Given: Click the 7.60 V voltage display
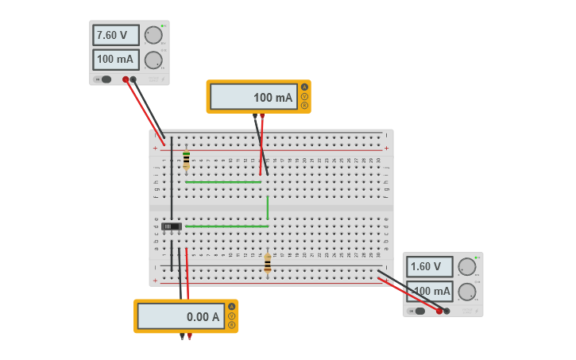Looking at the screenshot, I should [115, 35].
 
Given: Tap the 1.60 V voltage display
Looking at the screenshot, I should [429, 267].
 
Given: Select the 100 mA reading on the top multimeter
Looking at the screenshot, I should [253, 97].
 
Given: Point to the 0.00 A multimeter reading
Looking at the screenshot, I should [180, 316].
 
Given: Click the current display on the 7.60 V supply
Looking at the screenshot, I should [115, 60].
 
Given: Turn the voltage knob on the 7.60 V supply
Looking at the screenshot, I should [153, 35].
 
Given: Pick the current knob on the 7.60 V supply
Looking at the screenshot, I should [153, 60].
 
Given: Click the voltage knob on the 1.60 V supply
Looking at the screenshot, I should [467, 267].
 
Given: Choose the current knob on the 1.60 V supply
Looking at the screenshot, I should [467, 291].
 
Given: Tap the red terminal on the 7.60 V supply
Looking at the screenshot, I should [126, 79].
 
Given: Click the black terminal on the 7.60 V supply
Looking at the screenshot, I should [133, 79].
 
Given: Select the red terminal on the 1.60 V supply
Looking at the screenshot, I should [439, 312].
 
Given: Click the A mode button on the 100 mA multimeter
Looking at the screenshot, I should [303, 87].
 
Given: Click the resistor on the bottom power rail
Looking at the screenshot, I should [268, 263].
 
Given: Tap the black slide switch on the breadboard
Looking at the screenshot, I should [171, 226].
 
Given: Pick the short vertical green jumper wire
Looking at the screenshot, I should [268, 207].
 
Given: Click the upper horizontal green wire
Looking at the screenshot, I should [223, 182].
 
